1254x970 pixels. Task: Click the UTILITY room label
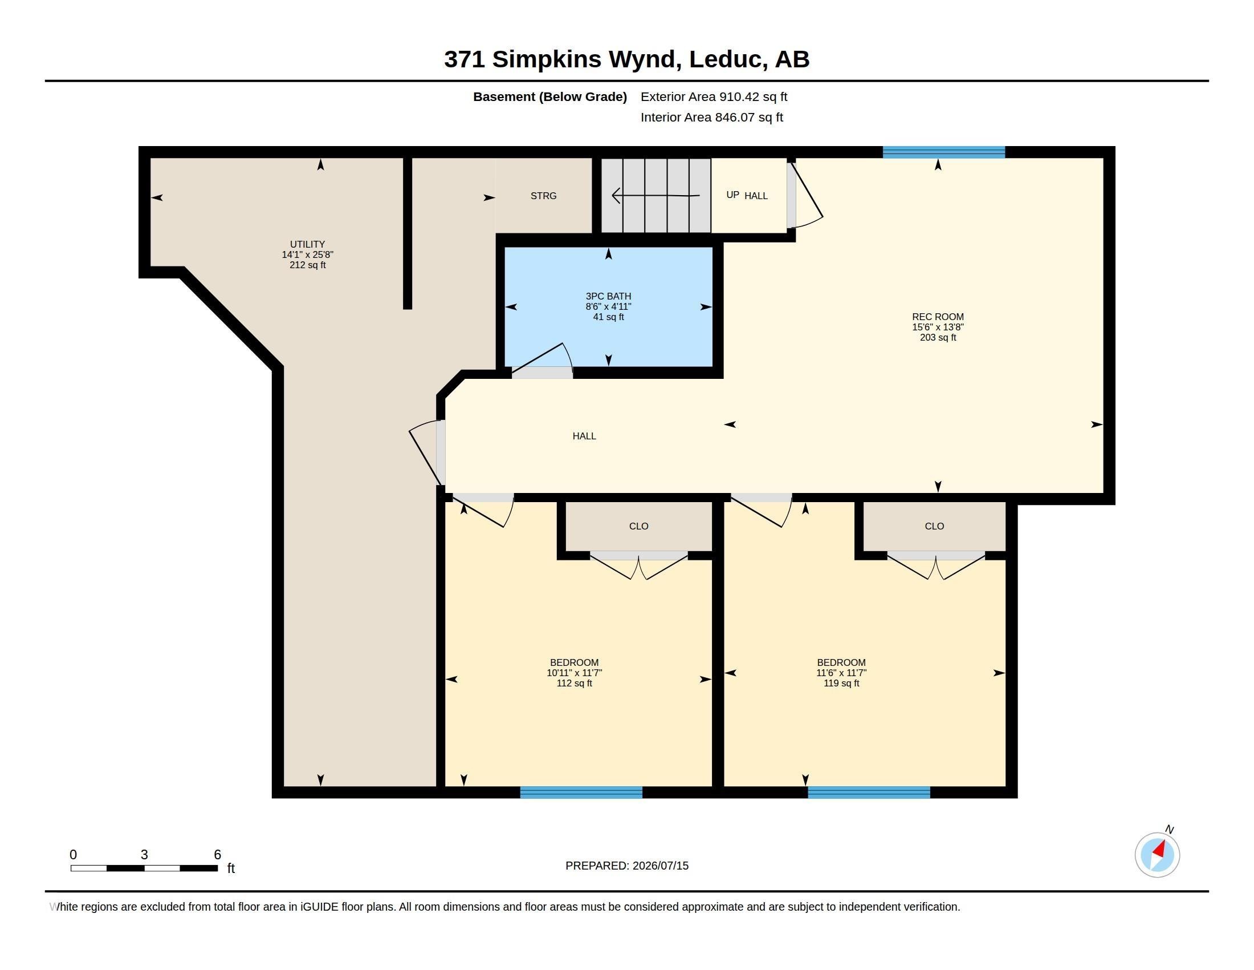click(307, 244)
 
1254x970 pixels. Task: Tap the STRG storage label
click(543, 196)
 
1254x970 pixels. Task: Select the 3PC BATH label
click(608, 297)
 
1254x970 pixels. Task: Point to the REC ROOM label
click(938, 317)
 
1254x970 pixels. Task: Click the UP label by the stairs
click(732, 195)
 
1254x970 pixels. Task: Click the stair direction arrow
click(655, 196)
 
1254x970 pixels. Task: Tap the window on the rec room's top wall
click(943, 152)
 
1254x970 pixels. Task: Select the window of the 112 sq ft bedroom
click(581, 793)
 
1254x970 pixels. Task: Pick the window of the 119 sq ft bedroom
click(869, 793)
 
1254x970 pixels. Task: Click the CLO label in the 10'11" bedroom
click(638, 527)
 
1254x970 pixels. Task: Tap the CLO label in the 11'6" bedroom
click(934, 527)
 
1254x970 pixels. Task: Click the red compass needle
click(1159, 849)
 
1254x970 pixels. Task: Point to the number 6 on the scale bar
click(217, 855)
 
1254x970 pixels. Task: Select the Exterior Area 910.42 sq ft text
click(714, 96)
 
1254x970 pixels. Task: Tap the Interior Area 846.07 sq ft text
click(711, 117)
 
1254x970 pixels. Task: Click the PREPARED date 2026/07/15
click(660, 866)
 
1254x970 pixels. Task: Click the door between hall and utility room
click(426, 453)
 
